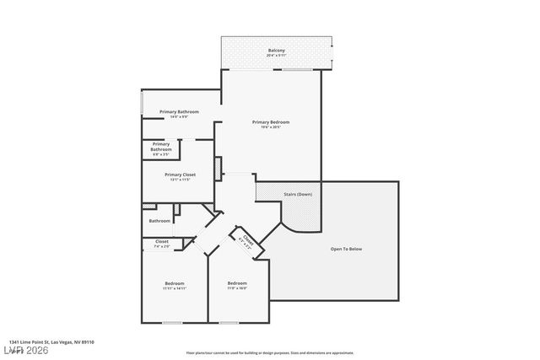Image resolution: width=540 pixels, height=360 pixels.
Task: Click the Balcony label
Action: tap(276, 51)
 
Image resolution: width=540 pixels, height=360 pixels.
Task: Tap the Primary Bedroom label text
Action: tap(271, 122)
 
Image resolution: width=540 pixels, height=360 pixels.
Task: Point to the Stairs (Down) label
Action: tap(298, 195)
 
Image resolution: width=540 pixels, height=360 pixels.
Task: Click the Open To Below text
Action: tap(346, 249)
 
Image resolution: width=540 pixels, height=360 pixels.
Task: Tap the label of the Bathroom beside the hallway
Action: tap(159, 221)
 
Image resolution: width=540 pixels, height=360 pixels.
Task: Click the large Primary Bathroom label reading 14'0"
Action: tap(179, 112)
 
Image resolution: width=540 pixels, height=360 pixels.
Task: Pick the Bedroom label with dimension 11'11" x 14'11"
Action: tap(174, 283)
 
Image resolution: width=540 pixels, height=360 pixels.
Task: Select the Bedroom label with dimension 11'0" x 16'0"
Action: tap(237, 283)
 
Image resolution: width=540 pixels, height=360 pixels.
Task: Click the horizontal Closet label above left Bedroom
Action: tap(161, 242)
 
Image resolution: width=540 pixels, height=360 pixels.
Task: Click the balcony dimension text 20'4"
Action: tap(276, 56)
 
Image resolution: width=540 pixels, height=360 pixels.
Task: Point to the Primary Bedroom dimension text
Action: tap(271, 127)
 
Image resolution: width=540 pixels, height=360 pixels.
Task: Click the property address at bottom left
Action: tap(46, 341)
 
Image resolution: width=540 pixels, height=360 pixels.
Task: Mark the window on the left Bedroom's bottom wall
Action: tap(173, 322)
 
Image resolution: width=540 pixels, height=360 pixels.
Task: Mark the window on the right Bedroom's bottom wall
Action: tap(229, 322)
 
